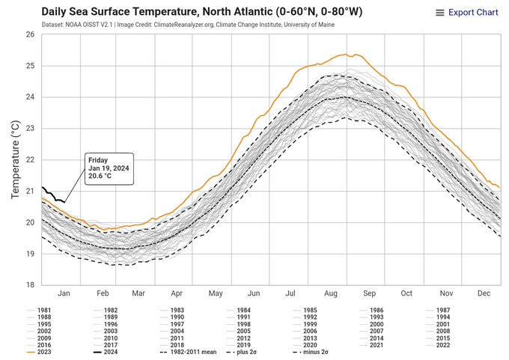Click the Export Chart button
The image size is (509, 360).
[466, 12]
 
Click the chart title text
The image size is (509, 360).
[199, 12]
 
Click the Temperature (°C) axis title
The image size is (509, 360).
[15, 160]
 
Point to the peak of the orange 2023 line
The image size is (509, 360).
[347, 54]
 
